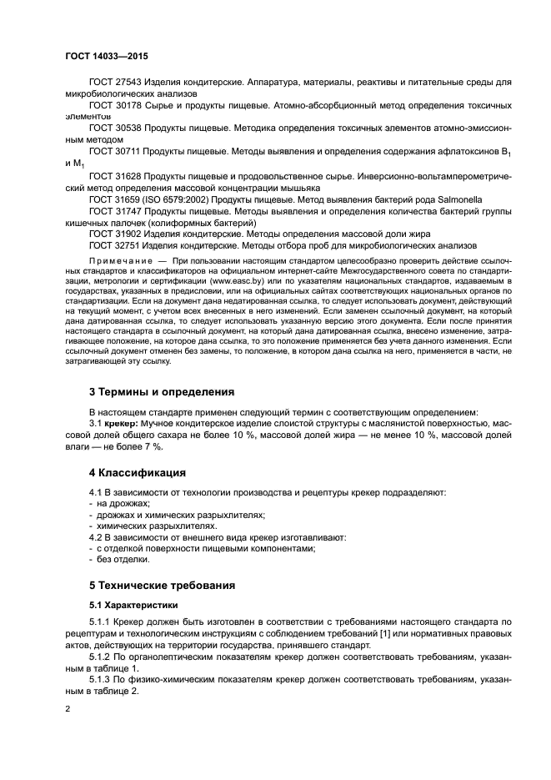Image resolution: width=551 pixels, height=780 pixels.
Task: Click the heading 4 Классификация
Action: pyautogui.click(x=136, y=472)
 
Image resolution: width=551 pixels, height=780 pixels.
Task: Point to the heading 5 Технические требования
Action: pyautogui.click(x=163, y=585)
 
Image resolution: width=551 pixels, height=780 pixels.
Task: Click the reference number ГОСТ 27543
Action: pyautogui.click(x=116, y=82)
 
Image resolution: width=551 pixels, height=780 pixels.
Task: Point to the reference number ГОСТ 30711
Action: pyautogui.click(x=116, y=153)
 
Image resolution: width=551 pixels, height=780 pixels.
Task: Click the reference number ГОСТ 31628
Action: pyautogui.click(x=116, y=178)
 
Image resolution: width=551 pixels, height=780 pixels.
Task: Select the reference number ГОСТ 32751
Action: pyautogui.click(x=116, y=247)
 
